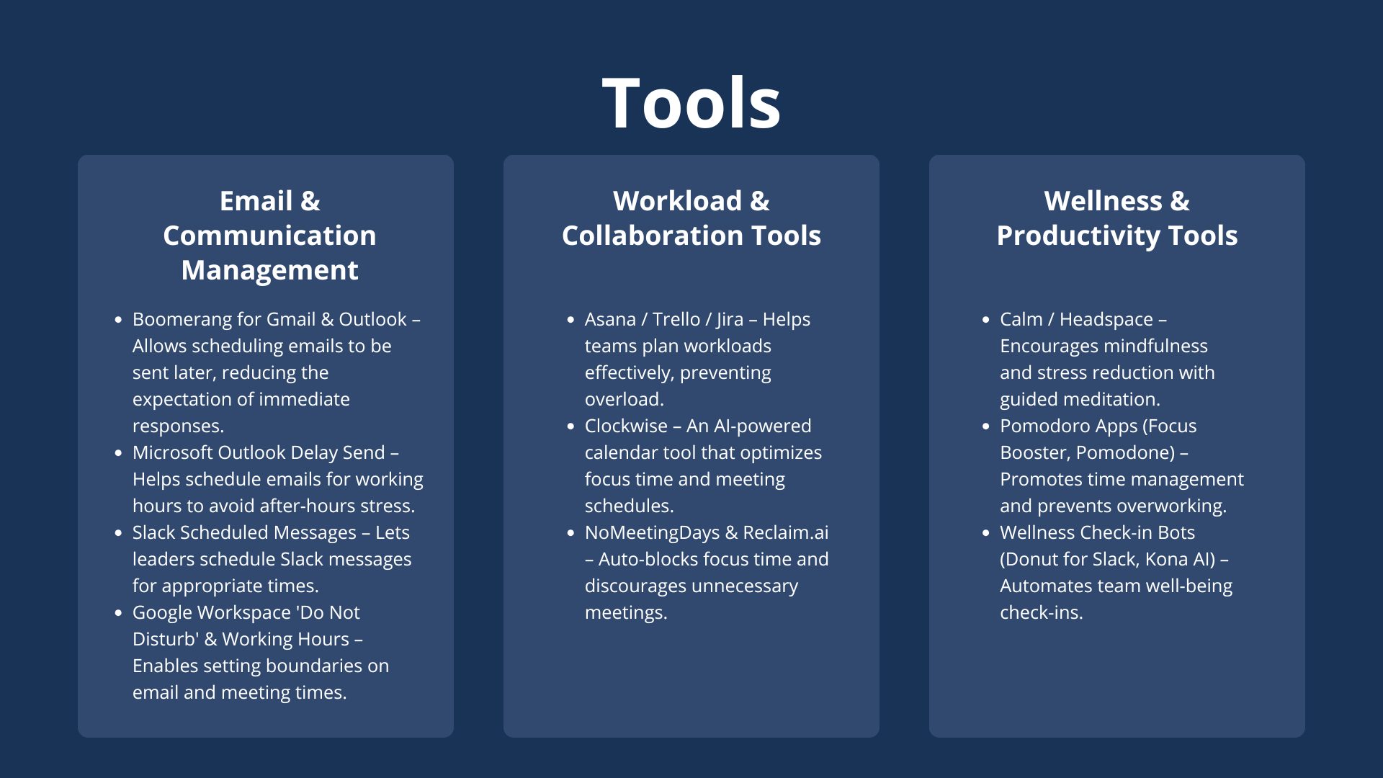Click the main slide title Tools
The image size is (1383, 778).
pyautogui.click(x=691, y=103)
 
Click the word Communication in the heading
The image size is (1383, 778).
pyautogui.click(x=269, y=236)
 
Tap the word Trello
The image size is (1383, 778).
pyautogui.click(x=676, y=319)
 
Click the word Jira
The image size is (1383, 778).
pyautogui.click(x=730, y=320)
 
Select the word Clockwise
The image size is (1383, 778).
pyautogui.click(x=626, y=426)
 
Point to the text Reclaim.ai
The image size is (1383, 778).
pyautogui.click(x=786, y=532)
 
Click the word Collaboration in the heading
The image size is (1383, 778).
pyautogui.click(x=652, y=236)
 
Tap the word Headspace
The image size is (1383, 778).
pyautogui.click(x=1106, y=320)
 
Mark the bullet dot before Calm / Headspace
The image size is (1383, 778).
pyautogui.click(x=986, y=320)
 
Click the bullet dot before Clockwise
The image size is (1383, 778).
pyautogui.click(x=570, y=426)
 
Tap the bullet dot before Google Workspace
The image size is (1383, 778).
pyautogui.click(x=118, y=613)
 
